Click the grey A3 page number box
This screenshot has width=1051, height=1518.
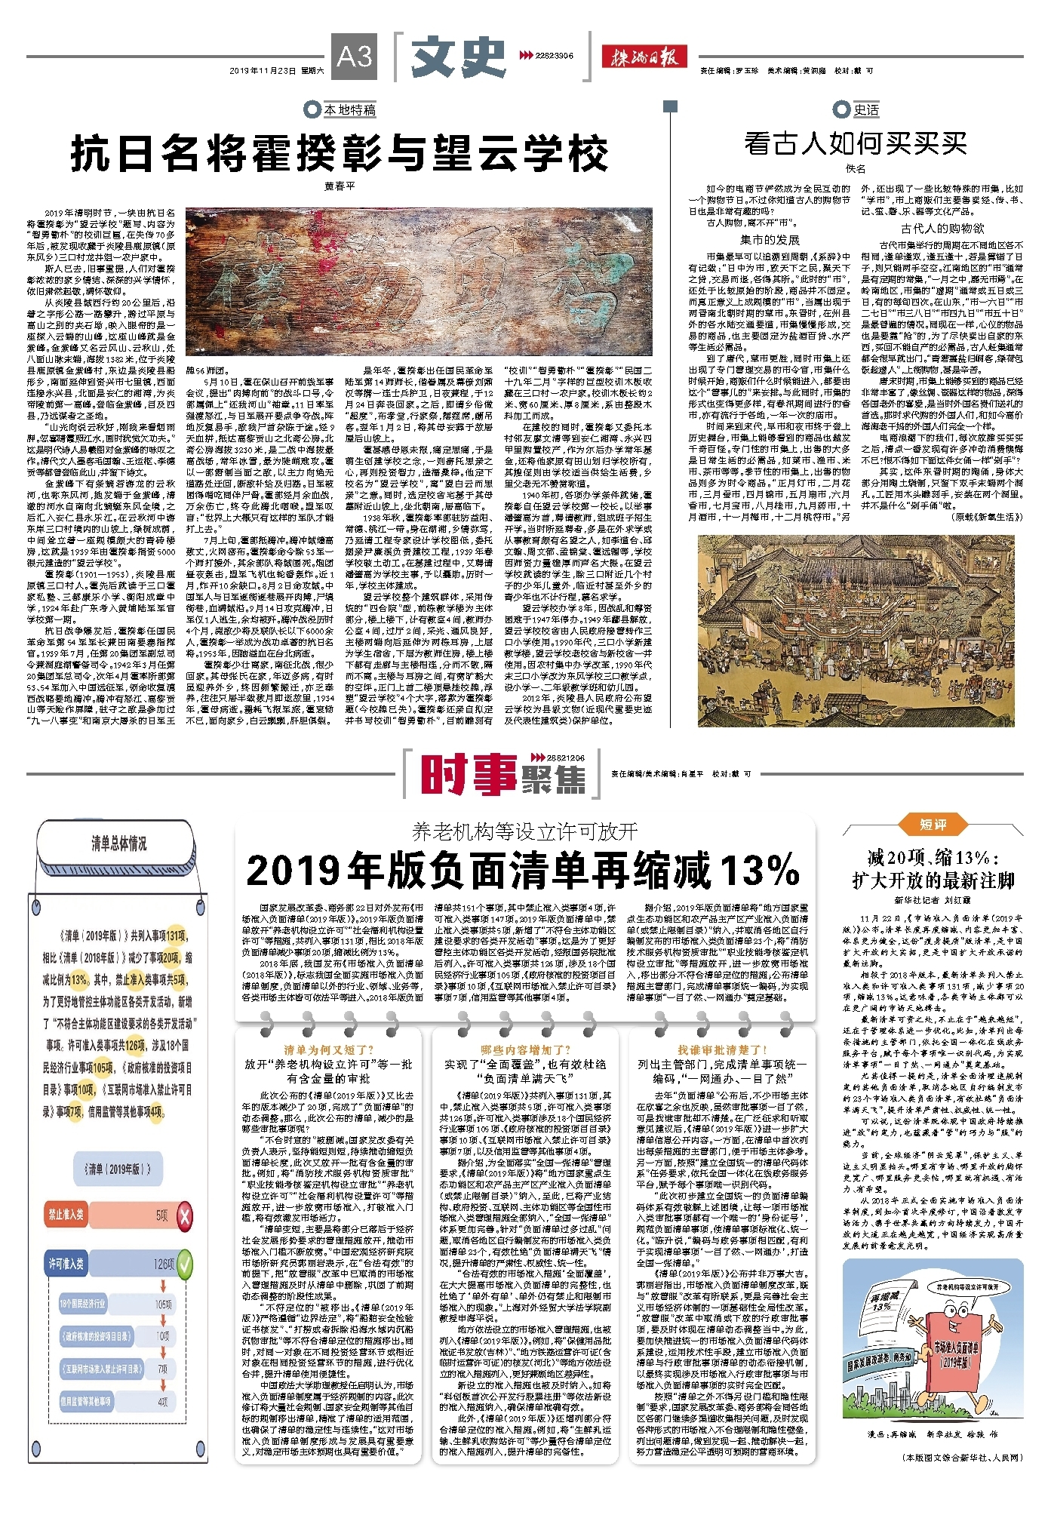[354, 57]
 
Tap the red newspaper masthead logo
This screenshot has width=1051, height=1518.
[644, 56]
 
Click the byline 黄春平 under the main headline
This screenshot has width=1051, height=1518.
[339, 186]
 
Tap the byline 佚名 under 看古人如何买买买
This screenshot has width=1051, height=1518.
[855, 168]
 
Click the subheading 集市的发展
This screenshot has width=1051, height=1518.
[769, 240]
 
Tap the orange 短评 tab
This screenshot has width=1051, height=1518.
[933, 825]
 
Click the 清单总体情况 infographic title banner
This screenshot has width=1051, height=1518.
[118, 844]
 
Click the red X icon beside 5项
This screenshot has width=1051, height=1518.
[184, 1215]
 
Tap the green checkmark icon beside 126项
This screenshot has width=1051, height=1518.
[184, 1264]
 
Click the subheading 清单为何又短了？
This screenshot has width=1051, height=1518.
[328, 1049]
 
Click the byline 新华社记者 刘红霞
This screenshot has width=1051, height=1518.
[933, 900]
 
